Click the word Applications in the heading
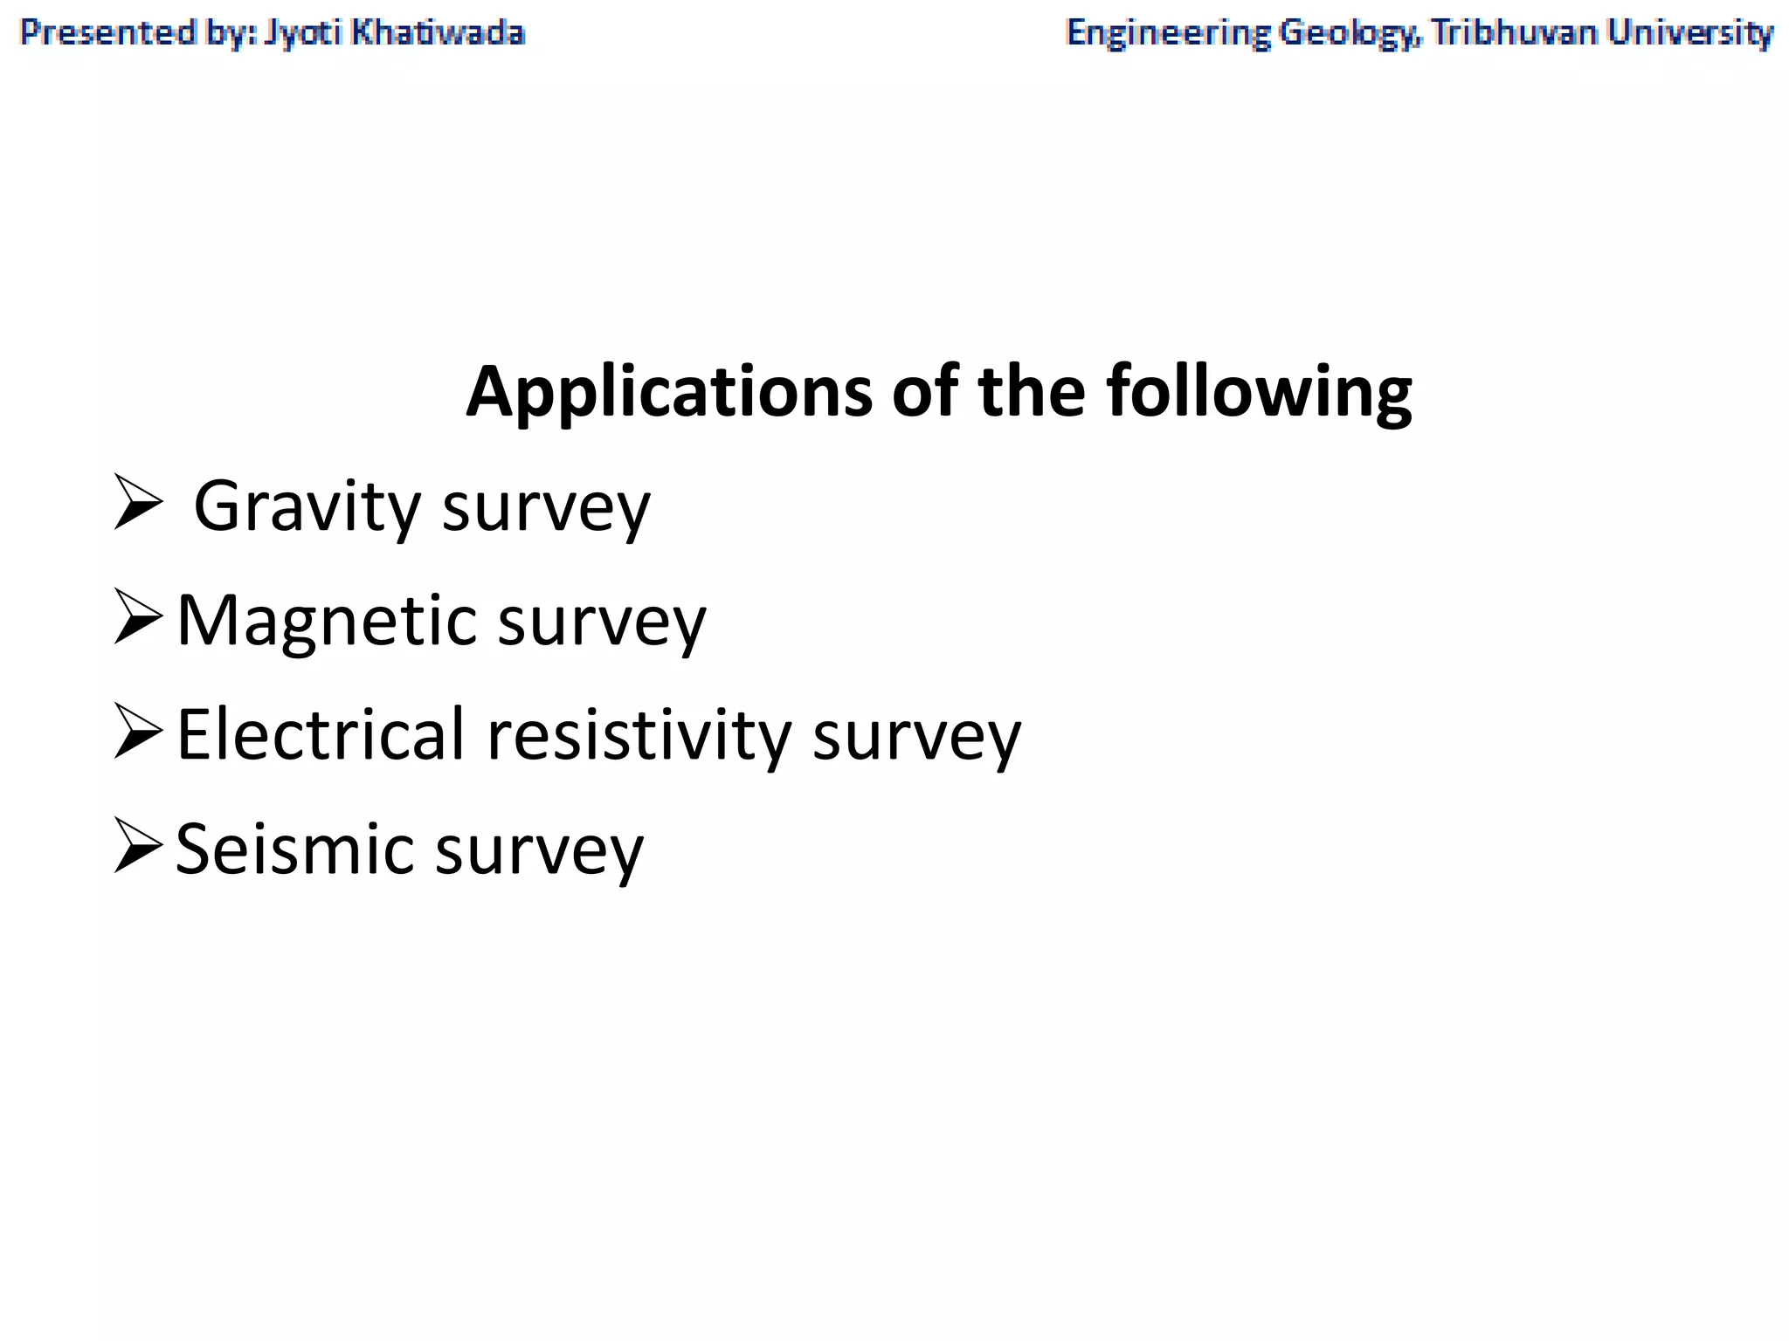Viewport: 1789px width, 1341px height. [669, 392]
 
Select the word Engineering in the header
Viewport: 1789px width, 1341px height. [1168, 33]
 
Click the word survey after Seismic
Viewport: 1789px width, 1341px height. [539, 850]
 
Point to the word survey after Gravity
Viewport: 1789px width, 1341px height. [546, 507]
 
